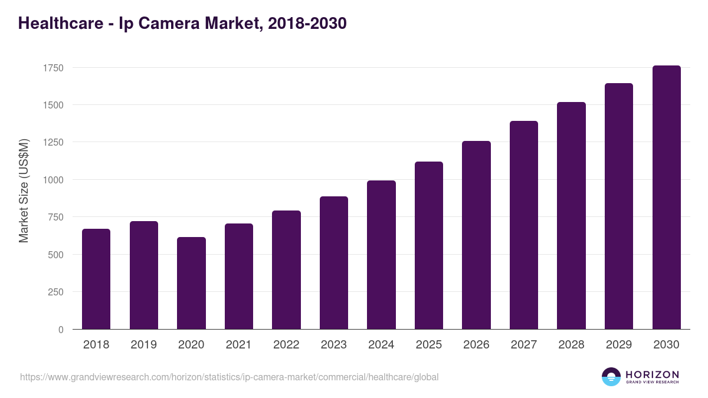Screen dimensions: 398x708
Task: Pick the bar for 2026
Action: pyautogui.click(x=476, y=235)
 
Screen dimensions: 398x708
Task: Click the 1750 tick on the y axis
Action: pyautogui.click(x=53, y=68)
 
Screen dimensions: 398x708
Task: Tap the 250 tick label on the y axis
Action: pyautogui.click(x=55, y=292)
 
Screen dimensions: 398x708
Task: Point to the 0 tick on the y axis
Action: pyautogui.click(x=61, y=330)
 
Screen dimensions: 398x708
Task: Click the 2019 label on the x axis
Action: pyautogui.click(x=143, y=345)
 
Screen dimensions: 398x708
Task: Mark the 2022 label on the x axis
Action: pyautogui.click(x=286, y=345)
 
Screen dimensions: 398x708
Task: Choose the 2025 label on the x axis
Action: pyautogui.click(x=429, y=345)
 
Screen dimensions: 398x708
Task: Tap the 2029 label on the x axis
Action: pyautogui.click(x=619, y=345)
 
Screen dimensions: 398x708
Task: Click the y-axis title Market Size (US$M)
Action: pyautogui.click(x=24, y=191)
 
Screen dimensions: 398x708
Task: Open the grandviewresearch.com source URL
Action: pyautogui.click(x=230, y=377)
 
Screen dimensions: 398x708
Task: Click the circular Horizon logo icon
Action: pyautogui.click(x=611, y=377)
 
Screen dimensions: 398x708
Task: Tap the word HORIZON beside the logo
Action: pyautogui.click(x=652, y=374)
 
